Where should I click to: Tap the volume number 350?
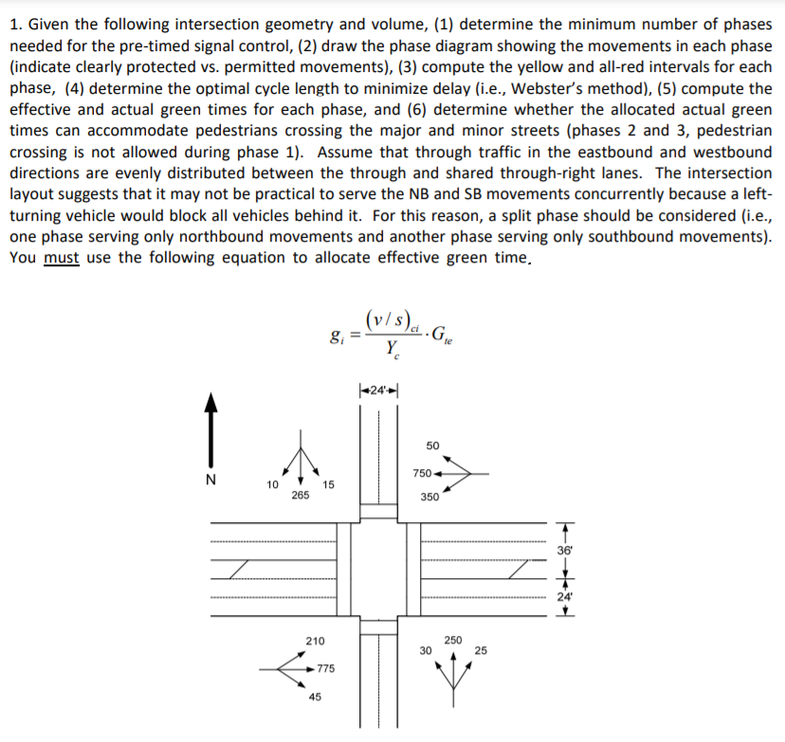(x=429, y=497)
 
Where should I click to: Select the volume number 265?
(x=301, y=497)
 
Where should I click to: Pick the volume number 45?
(x=316, y=697)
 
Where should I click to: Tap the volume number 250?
(x=453, y=641)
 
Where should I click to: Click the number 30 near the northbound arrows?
(x=426, y=650)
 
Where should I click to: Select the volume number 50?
(x=432, y=445)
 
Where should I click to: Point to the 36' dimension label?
(x=567, y=548)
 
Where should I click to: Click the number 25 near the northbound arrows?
(x=481, y=650)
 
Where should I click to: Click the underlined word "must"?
(x=62, y=258)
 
